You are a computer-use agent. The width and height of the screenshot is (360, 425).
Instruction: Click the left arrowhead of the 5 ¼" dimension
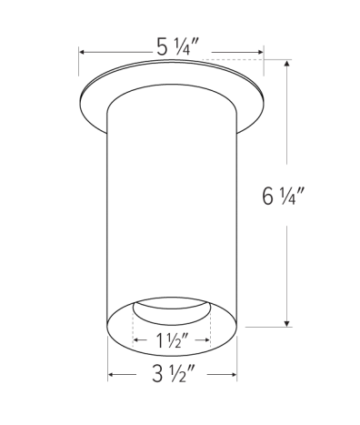[83, 53]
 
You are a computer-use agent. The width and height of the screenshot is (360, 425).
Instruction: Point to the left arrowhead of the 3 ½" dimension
[112, 375]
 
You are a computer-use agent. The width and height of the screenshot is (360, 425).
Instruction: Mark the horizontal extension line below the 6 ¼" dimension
[264, 326]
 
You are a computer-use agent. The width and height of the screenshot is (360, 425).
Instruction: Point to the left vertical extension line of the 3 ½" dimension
[108, 359]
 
